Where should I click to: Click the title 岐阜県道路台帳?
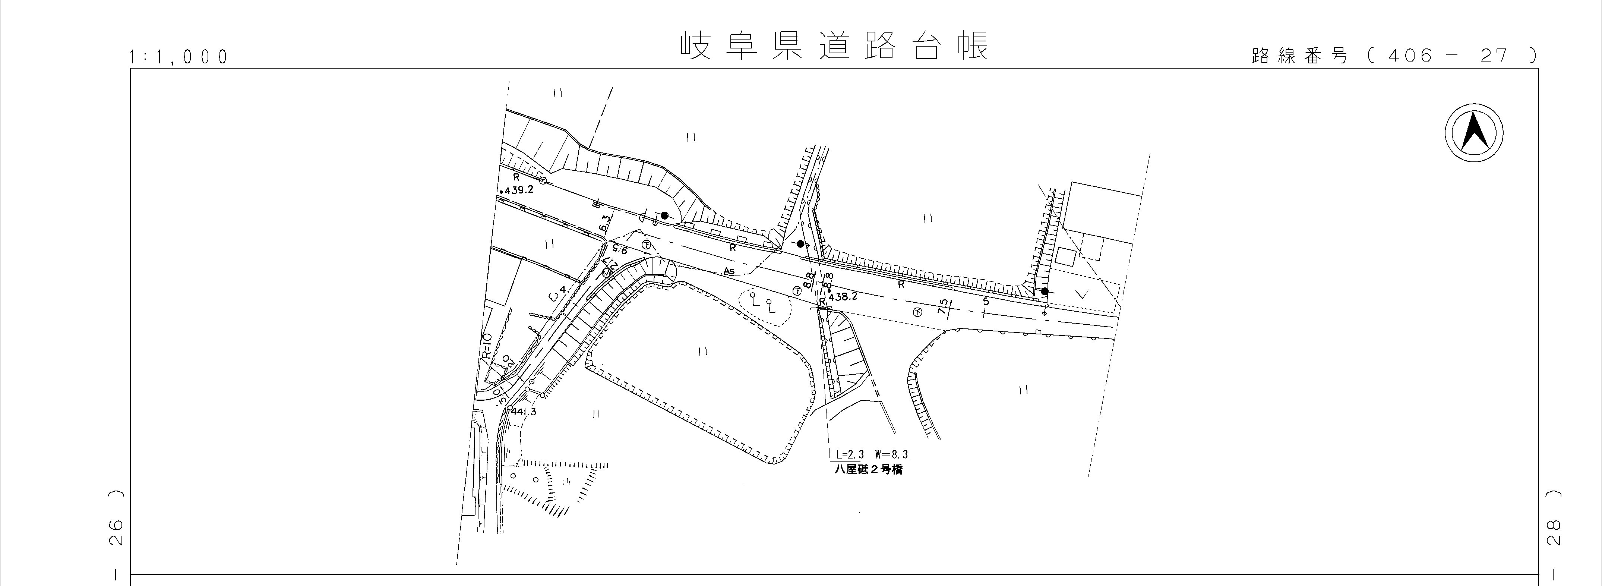pyautogui.click(x=833, y=47)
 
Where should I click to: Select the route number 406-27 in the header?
pyautogui.click(x=1455, y=56)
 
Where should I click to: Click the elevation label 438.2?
pyautogui.click(x=844, y=297)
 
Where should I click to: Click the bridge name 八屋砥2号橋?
pyautogui.click(x=869, y=470)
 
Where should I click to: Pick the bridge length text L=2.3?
pyautogui.click(x=850, y=455)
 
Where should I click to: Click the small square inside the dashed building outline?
pyautogui.click(x=1065, y=256)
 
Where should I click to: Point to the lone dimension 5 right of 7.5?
pyautogui.click(x=986, y=302)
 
